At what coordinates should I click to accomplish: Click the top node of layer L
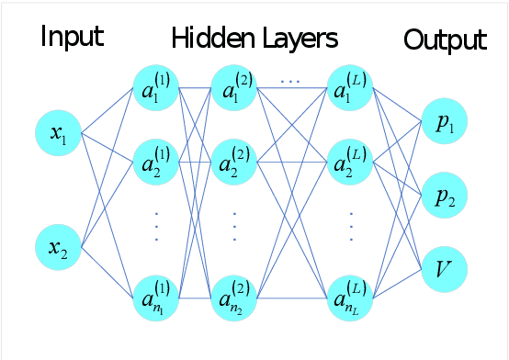coord(350,89)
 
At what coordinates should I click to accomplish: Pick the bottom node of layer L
coord(350,299)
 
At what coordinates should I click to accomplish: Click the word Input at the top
coord(71,39)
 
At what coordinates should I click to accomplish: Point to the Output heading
coord(445,40)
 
